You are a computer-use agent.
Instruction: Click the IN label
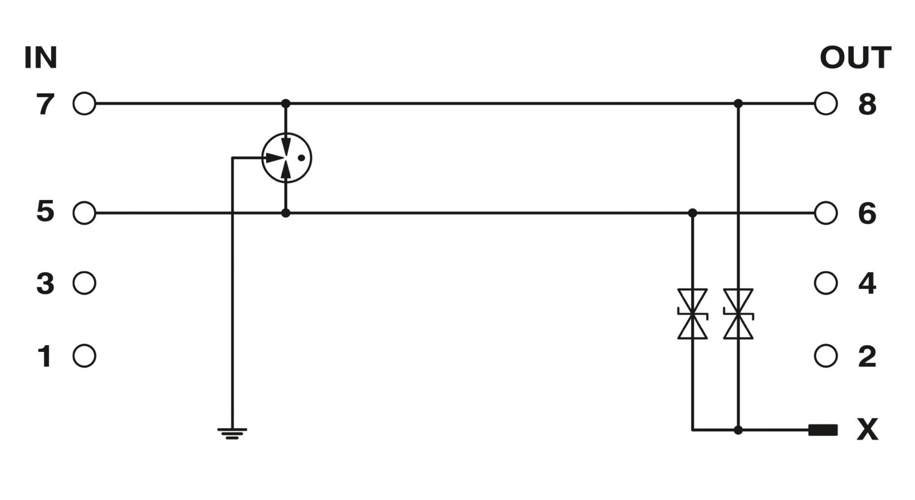(40, 58)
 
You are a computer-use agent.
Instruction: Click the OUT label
(855, 58)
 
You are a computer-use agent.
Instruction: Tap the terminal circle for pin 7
(84, 104)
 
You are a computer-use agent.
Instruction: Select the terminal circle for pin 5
(84, 213)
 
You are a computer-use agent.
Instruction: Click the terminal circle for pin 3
(84, 284)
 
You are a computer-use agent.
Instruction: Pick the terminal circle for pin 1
(84, 356)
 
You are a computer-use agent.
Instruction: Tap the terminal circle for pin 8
(826, 104)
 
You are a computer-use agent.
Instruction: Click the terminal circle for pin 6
(826, 213)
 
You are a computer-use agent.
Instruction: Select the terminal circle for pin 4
(826, 284)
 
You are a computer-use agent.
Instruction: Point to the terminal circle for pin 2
(826, 356)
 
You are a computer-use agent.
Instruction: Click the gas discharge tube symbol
(286, 157)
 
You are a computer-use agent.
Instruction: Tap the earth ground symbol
(232, 434)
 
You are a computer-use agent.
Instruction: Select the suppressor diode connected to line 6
(692, 314)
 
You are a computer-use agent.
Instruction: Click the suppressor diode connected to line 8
(738, 314)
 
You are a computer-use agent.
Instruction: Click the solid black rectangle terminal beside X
(823, 430)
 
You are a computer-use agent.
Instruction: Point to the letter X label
(867, 429)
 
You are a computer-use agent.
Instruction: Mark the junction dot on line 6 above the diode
(692, 213)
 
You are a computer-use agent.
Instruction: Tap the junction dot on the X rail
(738, 430)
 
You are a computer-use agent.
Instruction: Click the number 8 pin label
(867, 104)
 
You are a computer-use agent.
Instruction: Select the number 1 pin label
(45, 356)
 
